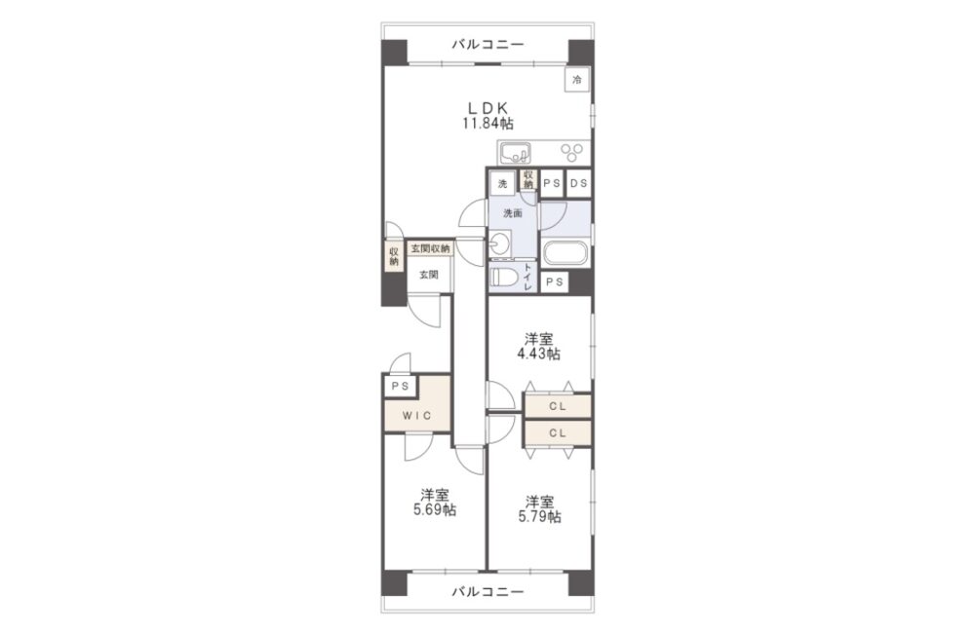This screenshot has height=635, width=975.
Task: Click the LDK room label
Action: pyautogui.click(x=487, y=107)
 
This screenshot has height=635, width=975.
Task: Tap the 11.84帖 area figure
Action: pyautogui.click(x=487, y=123)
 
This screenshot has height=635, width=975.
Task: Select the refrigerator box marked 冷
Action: pyautogui.click(x=577, y=80)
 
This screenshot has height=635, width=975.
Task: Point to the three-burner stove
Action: pyautogui.click(x=572, y=152)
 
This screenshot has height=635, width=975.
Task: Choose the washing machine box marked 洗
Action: pyautogui.click(x=502, y=183)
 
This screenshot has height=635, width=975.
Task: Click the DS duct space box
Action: pyautogui.click(x=578, y=183)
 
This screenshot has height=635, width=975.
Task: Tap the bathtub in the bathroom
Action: pyautogui.click(x=565, y=253)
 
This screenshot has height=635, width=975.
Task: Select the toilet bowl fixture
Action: pyautogui.click(x=502, y=278)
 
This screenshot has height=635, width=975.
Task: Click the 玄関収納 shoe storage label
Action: pyautogui.click(x=430, y=248)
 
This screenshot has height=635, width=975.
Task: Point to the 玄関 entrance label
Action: pyautogui.click(x=428, y=274)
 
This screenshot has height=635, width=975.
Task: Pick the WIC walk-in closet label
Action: pyautogui.click(x=416, y=416)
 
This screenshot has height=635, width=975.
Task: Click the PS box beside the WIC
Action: pyautogui.click(x=401, y=387)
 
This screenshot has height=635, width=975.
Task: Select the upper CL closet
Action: pyautogui.click(x=558, y=406)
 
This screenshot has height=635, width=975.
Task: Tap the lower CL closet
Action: pyautogui.click(x=558, y=433)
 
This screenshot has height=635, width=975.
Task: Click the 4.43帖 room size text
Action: pyautogui.click(x=539, y=355)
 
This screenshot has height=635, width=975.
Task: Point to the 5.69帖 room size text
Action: pyautogui.click(x=435, y=510)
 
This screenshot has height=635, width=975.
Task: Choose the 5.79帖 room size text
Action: pyautogui.click(x=540, y=516)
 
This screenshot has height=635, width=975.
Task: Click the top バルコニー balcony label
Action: pyautogui.click(x=487, y=44)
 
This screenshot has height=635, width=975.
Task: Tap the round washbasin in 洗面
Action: pyautogui.click(x=499, y=243)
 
